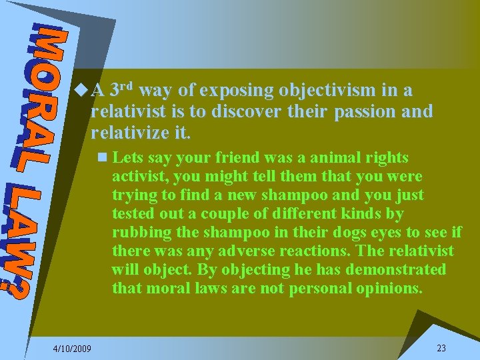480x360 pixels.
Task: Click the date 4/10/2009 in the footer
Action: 73,349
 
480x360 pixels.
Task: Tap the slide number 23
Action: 441,348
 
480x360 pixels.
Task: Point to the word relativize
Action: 127,132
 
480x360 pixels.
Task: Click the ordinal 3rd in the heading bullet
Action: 122,89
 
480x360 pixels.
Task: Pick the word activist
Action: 137,177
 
